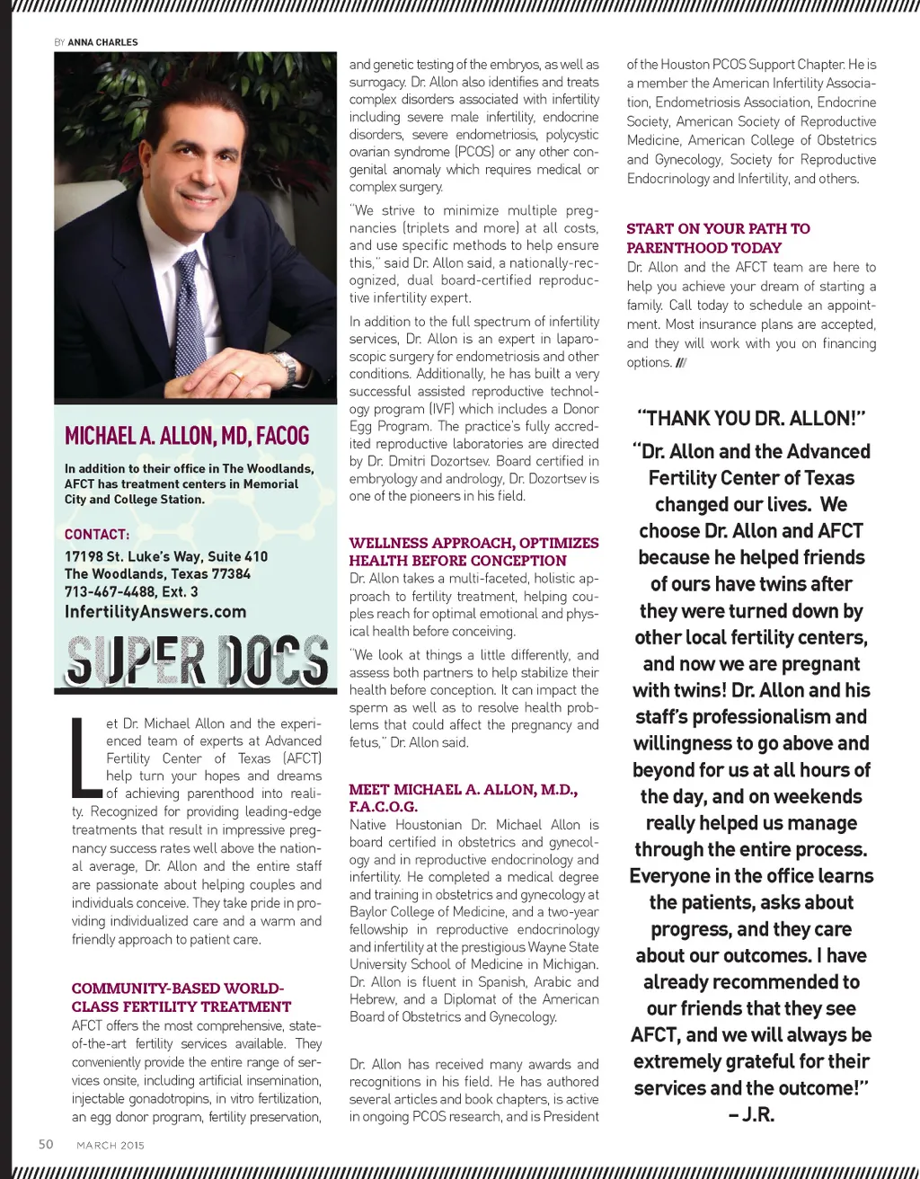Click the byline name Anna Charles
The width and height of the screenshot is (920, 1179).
(x=102, y=42)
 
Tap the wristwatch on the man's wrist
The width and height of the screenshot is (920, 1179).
(x=286, y=366)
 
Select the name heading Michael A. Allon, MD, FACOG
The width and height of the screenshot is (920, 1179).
(x=187, y=437)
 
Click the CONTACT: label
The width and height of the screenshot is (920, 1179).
(x=97, y=534)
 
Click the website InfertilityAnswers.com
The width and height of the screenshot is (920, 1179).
(x=155, y=612)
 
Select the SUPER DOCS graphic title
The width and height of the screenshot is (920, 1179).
(x=196, y=660)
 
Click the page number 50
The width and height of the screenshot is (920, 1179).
(x=46, y=1144)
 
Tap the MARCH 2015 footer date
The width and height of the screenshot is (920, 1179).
(x=111, y=1145)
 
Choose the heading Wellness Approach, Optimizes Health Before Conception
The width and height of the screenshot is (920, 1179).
(x=473, y=552)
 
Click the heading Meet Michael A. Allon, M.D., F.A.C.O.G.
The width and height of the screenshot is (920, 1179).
(x=463, y=798)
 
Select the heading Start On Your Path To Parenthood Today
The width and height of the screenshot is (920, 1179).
(x=718, y=238)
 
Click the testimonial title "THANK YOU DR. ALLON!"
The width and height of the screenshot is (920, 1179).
(x=750, y=419)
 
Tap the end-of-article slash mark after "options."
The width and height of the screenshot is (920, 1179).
(x=681, y=363)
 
